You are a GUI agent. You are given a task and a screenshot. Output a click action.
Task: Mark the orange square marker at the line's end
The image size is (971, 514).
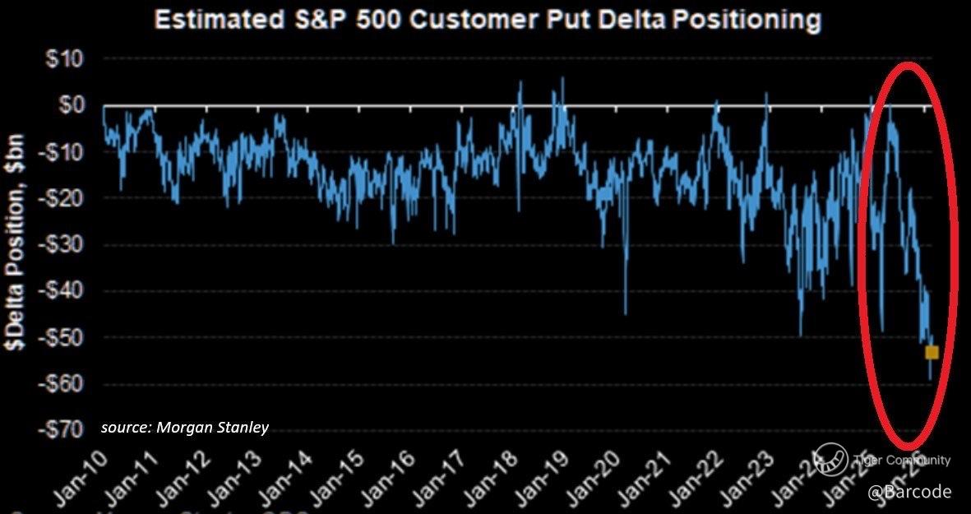pos(932,352)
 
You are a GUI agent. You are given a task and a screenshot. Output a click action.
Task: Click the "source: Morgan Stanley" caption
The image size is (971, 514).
pos(185,428)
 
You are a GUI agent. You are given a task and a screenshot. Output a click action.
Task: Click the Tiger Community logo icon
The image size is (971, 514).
pos(832,459)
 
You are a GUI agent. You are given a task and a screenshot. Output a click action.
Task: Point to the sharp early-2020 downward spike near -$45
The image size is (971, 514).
pos(626,311)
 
